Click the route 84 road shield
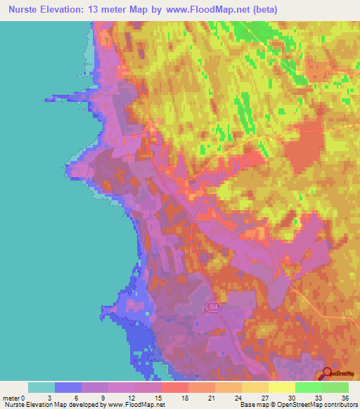pyautogui.click(x=213, y=307)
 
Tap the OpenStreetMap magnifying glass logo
pyautogui.click(x=328, y=375)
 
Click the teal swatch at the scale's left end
pyautogui.click(x=41, y=387)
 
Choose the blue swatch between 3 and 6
pyautogui.click(x=68, y=387)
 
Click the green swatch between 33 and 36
pyautogui.click(x=335, y=387)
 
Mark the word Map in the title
pyautogui.click(x=142, y=10)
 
